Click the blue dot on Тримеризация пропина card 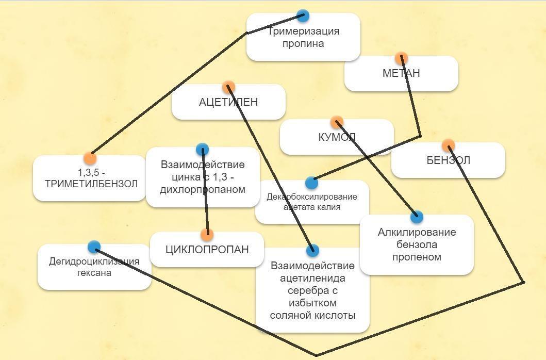pos(303,16)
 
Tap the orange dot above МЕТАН pos(401,58)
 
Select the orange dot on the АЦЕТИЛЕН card pos(228,87)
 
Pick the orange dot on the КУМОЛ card pos(337,122)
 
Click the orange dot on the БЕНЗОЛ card pos(448,145)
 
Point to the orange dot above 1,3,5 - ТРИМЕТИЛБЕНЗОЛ pos(90,158)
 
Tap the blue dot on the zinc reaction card pos(203,150)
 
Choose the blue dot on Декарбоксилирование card pos(311,183)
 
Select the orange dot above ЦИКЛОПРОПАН pos(207,235)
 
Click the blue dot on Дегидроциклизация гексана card pos(94,247)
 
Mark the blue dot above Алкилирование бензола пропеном pos(417,217)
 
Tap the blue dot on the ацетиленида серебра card pos(312,251)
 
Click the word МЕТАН pos(401,73)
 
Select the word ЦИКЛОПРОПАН pos(207,250)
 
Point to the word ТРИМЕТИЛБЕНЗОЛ pos(91,184)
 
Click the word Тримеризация pos(303,31)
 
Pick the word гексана pos(94,273)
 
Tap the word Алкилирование pos(417,232)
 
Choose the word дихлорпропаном pos(203,189)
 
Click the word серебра pos(312,290)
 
